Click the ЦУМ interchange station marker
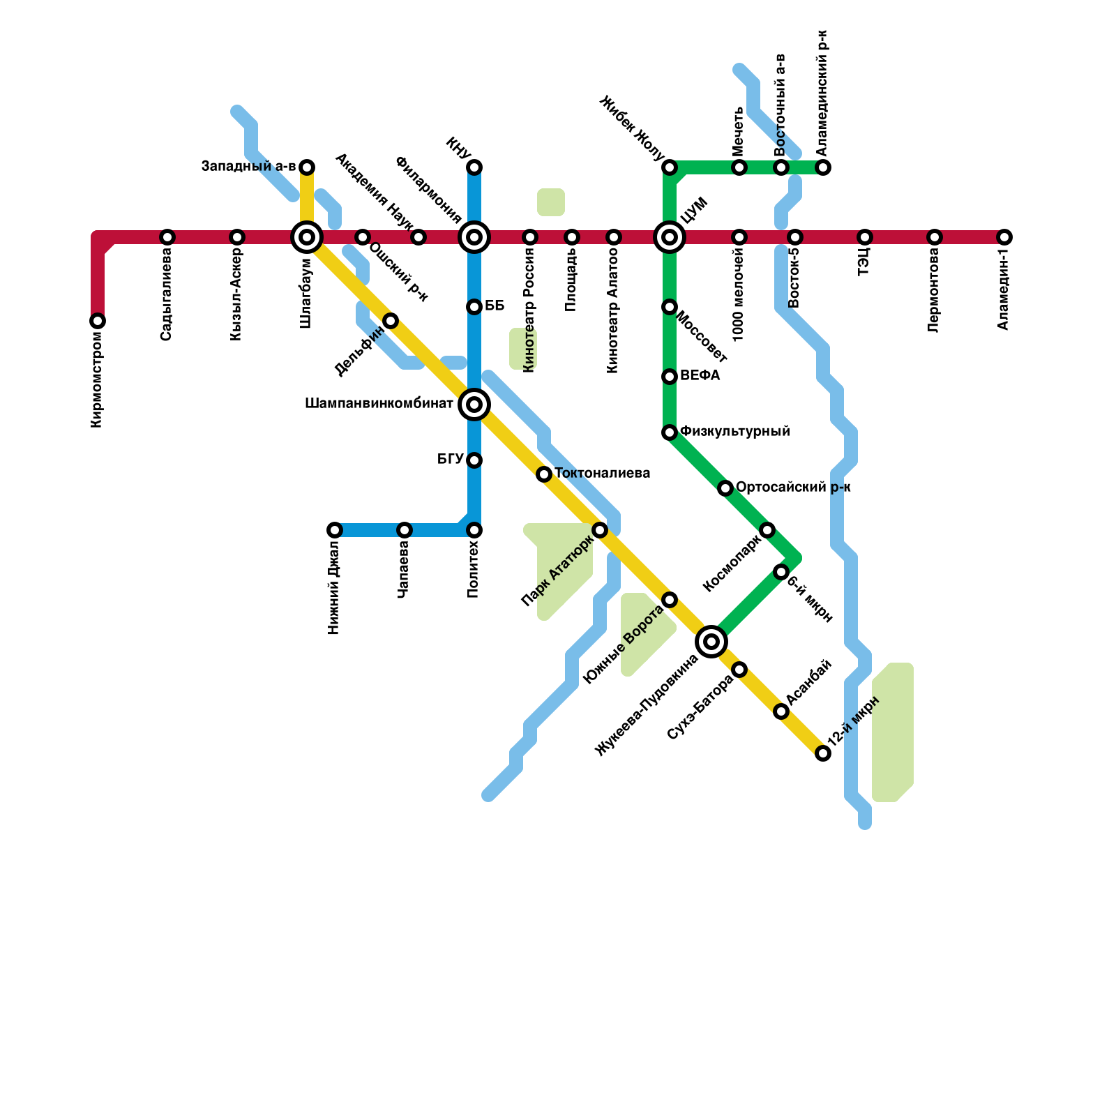point(670,237)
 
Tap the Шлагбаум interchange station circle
point(307,237)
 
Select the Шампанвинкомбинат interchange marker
point(474,405)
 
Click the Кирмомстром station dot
point(98,321)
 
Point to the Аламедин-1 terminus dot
point(1004,237)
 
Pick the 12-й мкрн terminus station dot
point(823,753)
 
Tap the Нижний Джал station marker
point(335,530)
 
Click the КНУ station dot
point(474,167)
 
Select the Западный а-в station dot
point(307,167)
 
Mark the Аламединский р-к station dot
point(823,167)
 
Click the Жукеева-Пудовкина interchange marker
point(711,642)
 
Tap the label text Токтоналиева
point(602,474)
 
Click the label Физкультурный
point(734,432)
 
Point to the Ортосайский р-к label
point(793,488)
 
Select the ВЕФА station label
point(700,376)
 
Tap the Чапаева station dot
point(405,530)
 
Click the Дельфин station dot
point(391,321)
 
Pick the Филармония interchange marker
point(474,237)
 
